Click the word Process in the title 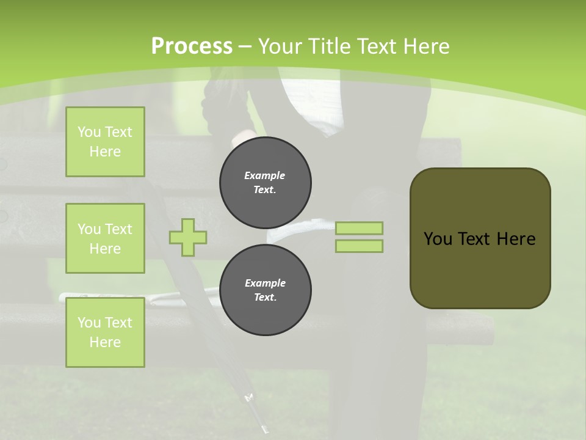(192, 46)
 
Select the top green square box (105, 142)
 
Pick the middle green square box (105, 238)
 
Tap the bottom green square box (105, 332)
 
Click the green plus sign (188, 237)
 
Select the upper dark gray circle (266, 183)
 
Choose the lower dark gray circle (266, 290)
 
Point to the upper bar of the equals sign (360, 229)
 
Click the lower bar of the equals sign (360, 246)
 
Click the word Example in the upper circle (265, 175)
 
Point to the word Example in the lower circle (266, 283)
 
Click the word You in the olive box (438, 239)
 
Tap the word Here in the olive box (516, 239)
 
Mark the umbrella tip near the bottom (265, 430)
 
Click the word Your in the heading (280, 46)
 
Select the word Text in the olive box (475, 239)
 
